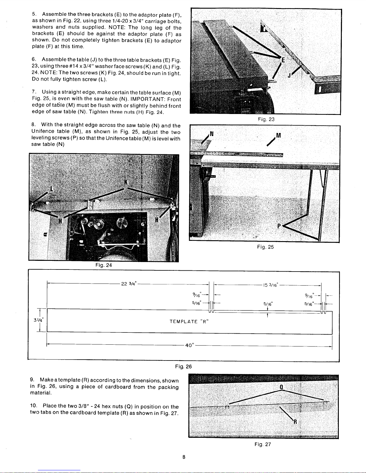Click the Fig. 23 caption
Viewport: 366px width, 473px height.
click(266, 119)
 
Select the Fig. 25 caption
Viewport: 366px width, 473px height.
click(266, 247)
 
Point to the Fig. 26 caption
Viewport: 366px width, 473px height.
click(183, 366)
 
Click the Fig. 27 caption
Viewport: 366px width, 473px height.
click(263, 444)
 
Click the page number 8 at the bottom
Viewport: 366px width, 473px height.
click(184, 457)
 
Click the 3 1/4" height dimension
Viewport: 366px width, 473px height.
click(39, 320)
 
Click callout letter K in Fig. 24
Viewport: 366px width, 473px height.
click(126, 182)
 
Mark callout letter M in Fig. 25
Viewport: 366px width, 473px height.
click(278, 135)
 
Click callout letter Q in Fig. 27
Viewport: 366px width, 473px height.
click(281, 387)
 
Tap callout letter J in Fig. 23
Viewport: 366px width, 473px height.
click(289, 76)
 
